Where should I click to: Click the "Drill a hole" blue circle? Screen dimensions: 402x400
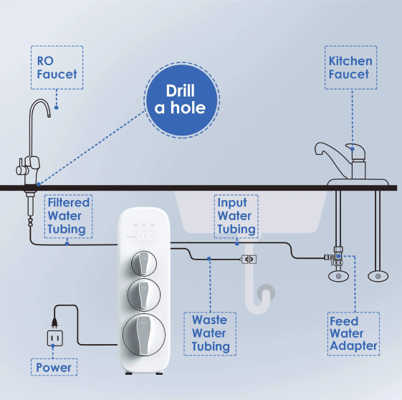(181, 100)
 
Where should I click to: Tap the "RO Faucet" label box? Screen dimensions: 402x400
(57, 67)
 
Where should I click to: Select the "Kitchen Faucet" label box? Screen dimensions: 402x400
(350, 67)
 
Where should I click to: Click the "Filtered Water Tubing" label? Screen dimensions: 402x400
(69, 216)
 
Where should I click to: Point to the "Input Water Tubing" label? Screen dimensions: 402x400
(236, 216)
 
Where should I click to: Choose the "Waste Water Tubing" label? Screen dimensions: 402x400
(210, 333)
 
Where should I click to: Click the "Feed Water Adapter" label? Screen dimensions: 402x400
(353, 333)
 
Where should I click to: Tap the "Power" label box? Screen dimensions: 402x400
(54, 367)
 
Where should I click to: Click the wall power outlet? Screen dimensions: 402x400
(55, 338)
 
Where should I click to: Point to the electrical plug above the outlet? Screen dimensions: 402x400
(54, 322)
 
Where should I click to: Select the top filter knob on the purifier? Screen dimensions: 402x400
(143, 263)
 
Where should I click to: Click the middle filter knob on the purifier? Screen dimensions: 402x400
(144, 295)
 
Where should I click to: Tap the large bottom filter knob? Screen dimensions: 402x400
(144, 334)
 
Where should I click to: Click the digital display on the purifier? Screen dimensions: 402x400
(145, 237)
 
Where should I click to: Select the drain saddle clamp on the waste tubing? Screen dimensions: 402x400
(249, 259)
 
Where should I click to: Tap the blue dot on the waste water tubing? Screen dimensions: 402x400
(209, 259)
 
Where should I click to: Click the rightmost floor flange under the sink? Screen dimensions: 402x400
(378, 277)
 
